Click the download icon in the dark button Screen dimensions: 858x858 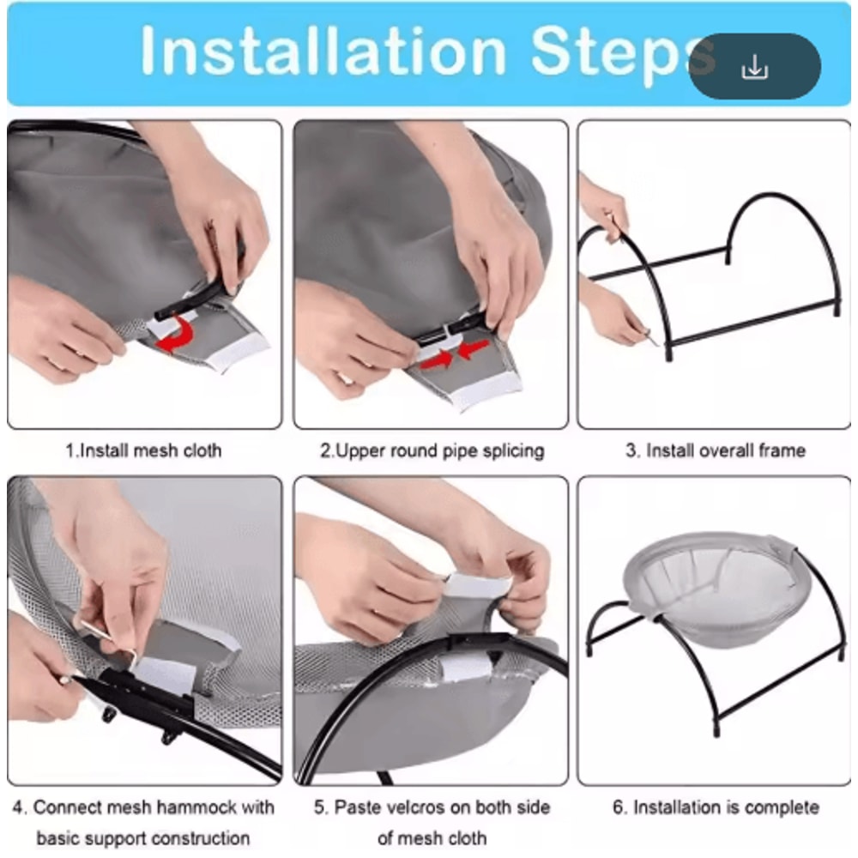tap(754, 67)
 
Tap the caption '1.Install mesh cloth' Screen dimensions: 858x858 tap(143, 450)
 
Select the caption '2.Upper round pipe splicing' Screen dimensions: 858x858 tap(432, 451)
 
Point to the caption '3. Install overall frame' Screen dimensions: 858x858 tap(716, 450)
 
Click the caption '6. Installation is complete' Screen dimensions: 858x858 tap(716, 807)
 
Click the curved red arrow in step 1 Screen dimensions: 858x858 tap(175, 334)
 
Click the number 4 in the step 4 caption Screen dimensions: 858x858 tap(19, 807)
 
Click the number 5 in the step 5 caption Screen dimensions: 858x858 tap(320, 807)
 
